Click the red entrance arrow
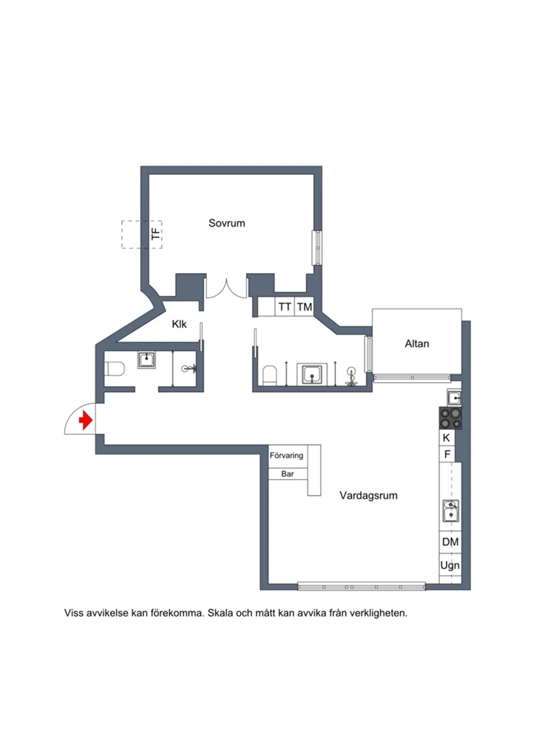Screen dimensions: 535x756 point(86,420)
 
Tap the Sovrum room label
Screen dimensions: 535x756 point(226,223)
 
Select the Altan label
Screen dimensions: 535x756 point(417,344)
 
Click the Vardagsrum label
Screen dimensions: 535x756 point(368,496)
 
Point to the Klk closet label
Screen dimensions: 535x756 point(180,325)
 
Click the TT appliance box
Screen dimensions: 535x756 point(285,307)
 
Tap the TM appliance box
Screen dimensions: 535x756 point(304,307)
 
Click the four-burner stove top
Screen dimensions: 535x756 point(450,418)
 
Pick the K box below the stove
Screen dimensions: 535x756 point(446,438)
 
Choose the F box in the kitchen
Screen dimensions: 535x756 point(446,454)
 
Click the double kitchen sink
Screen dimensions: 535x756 point(451,511)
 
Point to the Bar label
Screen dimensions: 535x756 point(288,474)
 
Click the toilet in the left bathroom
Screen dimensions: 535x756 point(115,369)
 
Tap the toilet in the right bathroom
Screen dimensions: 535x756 point(269,375)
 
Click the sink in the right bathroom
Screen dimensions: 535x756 point(312,374)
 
